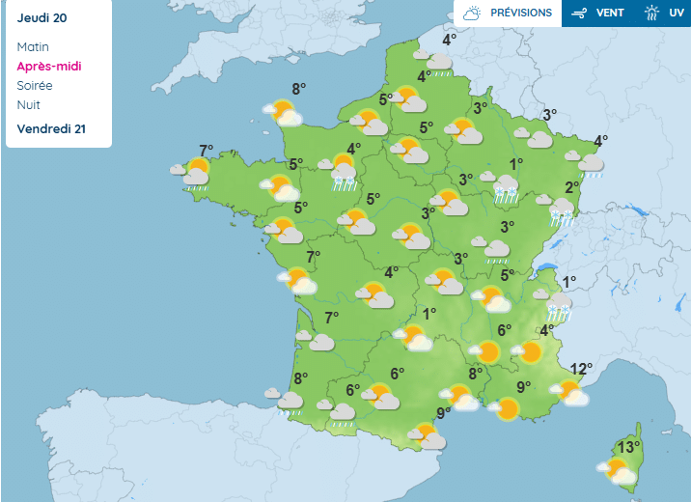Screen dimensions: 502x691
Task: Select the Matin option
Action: (x=33, y=46)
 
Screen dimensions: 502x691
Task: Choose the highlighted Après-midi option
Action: (x=48, y=66)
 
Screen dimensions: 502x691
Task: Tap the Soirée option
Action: (x=35, y=85)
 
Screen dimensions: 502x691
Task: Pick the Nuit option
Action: (x=29, y=104)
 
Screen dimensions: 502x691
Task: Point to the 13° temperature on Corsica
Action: (x=629, y=447)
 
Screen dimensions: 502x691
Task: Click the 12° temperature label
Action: (x=580, y=369)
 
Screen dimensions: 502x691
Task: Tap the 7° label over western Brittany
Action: (x=206, y=150)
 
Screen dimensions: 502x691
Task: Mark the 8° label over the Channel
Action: (x=299, y=89)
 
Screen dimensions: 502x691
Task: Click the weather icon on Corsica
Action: (x=617, y=471)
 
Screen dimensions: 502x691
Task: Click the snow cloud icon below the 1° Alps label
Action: (x=559, y=309)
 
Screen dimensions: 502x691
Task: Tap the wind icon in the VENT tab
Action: (x=580, y=14)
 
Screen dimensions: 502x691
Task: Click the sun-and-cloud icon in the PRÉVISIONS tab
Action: (x=472, y=14)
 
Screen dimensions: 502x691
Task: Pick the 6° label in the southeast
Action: (x=504, y=330)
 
